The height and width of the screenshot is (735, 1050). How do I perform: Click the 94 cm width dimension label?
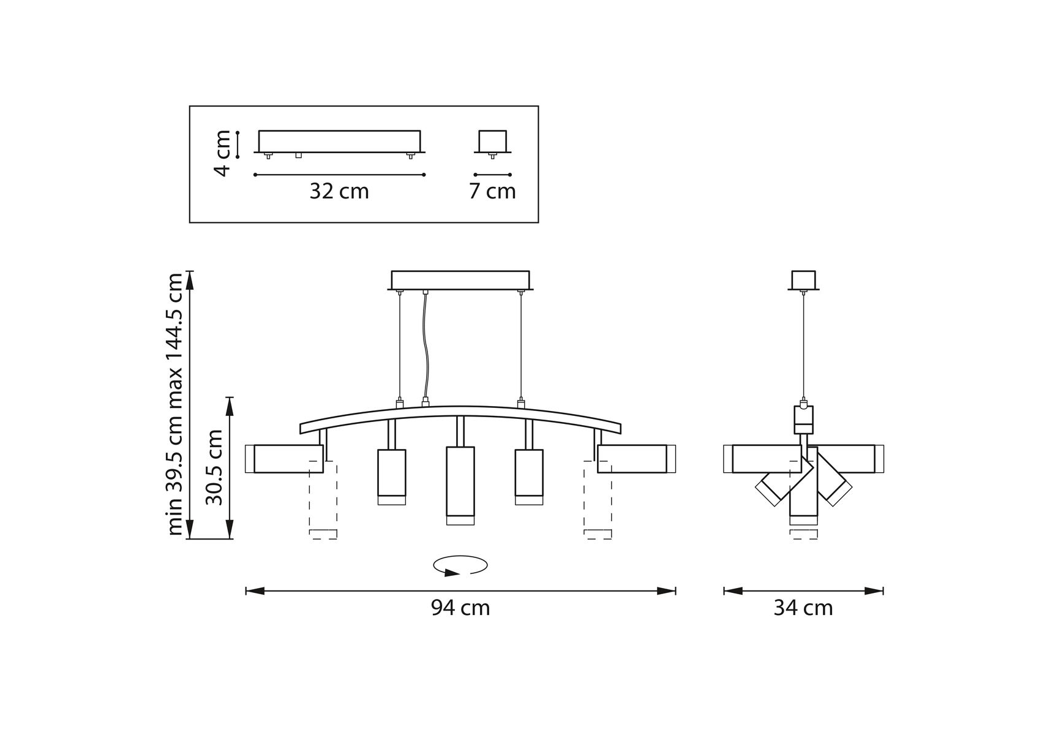coord(460,608)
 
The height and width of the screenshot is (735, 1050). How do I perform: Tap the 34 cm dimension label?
coord(803,608)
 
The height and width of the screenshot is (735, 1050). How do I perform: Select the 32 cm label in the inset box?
coord(339,191)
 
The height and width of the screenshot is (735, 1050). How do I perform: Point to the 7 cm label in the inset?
coord(492,191)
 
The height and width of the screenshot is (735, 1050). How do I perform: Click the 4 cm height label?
coord(223,153)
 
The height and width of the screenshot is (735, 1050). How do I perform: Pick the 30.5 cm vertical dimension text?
coord(214,467)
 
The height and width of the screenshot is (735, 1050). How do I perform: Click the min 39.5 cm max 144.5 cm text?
coord(175,404)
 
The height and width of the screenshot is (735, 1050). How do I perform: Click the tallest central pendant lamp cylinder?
coord(460,486)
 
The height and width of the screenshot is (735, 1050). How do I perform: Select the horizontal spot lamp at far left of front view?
coord(284,459)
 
